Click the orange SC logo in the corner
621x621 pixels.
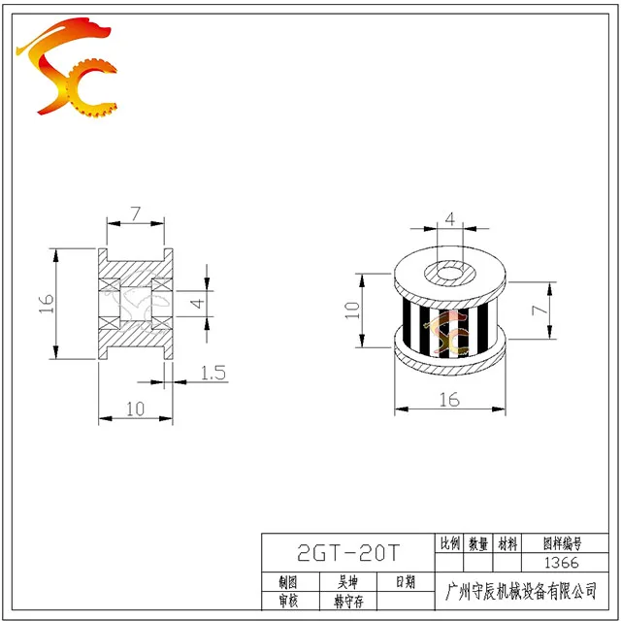click(x=67, y=67)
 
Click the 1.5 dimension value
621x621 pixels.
click(x=213, y=373)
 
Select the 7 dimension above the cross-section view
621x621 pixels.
click(x=136, y=213)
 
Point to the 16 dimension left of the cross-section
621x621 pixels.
click(x=47, y=304)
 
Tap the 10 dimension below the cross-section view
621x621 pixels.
click(x=136, y=409)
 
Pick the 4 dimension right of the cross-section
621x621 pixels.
click(x=198, y=304)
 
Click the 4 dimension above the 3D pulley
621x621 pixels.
click(x=450, y=218)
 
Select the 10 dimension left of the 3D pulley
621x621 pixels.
click(x=352, y=310)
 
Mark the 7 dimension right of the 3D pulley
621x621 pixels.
click(x=539, y=310)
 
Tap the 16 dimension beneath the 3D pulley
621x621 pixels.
click(x=449, y=400)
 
